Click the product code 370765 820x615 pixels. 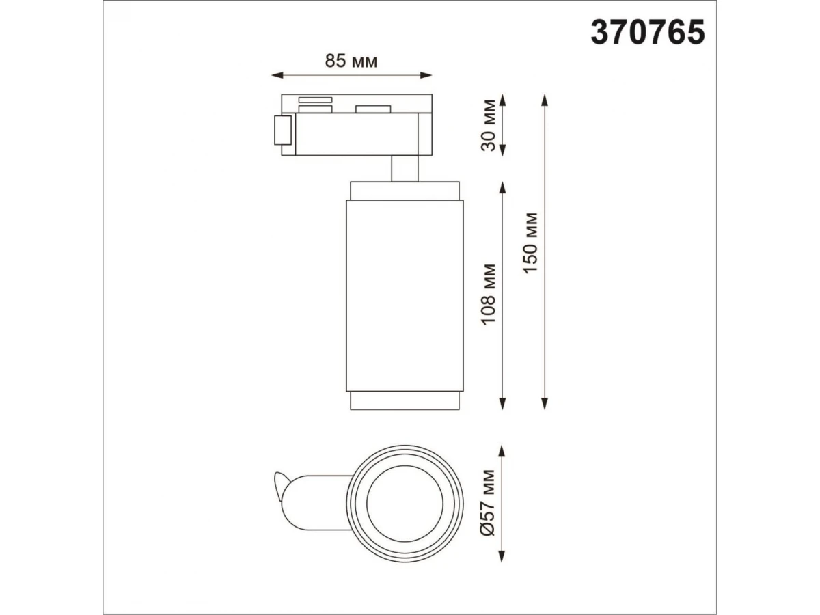(647, 33)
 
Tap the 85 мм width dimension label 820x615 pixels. (351, 61)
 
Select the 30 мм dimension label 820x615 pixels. (489, 126)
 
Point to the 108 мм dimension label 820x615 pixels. (489, 295)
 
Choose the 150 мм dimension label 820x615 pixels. (530, 243)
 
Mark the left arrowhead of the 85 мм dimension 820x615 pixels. (277, 75)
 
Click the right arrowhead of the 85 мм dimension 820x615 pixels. (426, 75)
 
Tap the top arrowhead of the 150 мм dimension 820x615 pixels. (545, 100)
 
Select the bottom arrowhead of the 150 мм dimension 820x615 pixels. (545, 404)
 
